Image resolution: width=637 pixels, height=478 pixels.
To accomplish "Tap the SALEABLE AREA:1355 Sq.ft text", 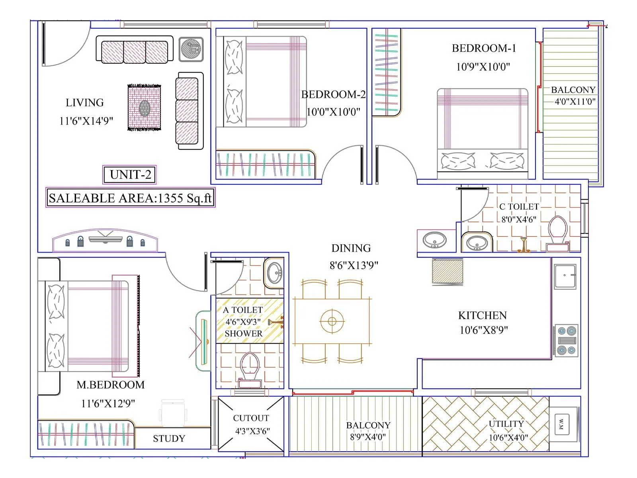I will coord(130,198).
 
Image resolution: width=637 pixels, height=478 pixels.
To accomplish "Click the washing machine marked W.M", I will coord(561,424).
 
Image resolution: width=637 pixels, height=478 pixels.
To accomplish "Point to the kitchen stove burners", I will coord(566,341).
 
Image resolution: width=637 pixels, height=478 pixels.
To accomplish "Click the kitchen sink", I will coord(565,276).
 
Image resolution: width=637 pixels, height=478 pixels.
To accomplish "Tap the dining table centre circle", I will coord(332,321).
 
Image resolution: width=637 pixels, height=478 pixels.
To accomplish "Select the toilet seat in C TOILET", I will coord(557,229).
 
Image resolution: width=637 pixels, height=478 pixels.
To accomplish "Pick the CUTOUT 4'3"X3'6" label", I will coord(251,424).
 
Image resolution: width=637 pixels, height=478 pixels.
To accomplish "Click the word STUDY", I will coord(169,439).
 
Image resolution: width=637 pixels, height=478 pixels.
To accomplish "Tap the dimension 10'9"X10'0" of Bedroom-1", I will coord(483,67).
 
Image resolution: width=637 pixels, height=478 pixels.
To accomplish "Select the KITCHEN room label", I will coord(483,315).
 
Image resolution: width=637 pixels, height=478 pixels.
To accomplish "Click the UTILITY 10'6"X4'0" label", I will coord(507,430).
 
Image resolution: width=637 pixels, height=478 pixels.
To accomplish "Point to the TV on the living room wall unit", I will coord(106,239).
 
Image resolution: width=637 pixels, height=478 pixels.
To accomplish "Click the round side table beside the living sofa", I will coord(191,49).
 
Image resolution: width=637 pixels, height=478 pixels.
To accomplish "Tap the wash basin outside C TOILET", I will coord(434,240).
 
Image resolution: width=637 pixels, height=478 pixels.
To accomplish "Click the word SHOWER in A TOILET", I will coord(243,333).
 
